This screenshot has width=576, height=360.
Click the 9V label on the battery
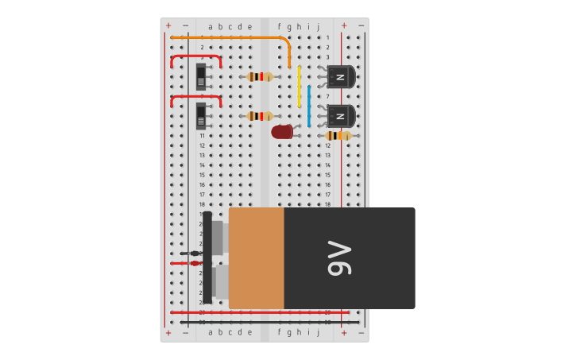click(x=338, y=258)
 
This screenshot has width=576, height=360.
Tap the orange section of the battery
click(x=256, y=258)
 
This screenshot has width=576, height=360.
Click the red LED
click(x=281, y=132)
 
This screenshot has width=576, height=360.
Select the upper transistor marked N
click(x=340, y=76)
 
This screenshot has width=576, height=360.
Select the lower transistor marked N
click(x=340, y=116)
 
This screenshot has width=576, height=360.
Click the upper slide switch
click(x=201, y=77)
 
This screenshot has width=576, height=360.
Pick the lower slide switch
click(x=201, y=116)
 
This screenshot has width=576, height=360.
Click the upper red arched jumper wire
click(x=195, y=56)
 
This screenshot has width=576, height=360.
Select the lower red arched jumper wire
click(x=195, y=96)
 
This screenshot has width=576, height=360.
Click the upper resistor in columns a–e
click(x=259, y=76)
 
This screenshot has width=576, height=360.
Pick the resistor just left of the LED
click(x=259, y=116)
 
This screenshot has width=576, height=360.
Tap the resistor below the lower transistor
click(x=338, y=136)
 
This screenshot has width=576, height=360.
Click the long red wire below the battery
click(x=259, y=312)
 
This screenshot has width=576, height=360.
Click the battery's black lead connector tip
click(x=195, y=253)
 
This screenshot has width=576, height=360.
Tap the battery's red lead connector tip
click(x=195, y=262)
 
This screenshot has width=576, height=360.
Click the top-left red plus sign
click(x=168, y=25)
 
